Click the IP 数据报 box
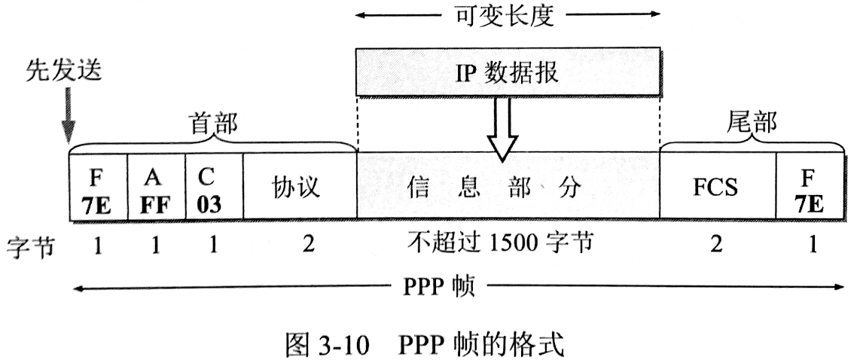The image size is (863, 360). [508, 72]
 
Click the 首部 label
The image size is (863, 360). [212, 124]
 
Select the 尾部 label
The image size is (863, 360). [752, 124]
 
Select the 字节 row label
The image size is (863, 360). [29, 246]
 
